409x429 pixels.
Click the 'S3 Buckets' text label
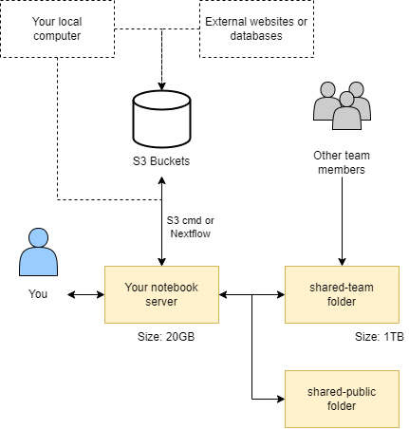(x=162, y=160)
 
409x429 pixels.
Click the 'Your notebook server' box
(x=162, y=294)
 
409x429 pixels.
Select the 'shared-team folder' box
(x=343, y=294)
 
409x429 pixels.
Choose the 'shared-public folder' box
(x=343, y=399)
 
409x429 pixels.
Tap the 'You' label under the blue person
(x=38, y=294)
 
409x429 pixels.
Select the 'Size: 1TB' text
(x=379, y=336)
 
